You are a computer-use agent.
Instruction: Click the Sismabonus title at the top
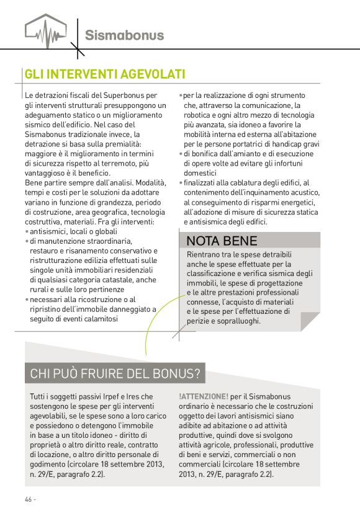[124, 35]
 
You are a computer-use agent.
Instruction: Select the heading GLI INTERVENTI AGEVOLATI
[105, 74]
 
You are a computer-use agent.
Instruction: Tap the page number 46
[29, 499]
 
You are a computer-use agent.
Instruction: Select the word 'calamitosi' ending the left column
[98, 319]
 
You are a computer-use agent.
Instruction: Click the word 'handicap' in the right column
[283, 144]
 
